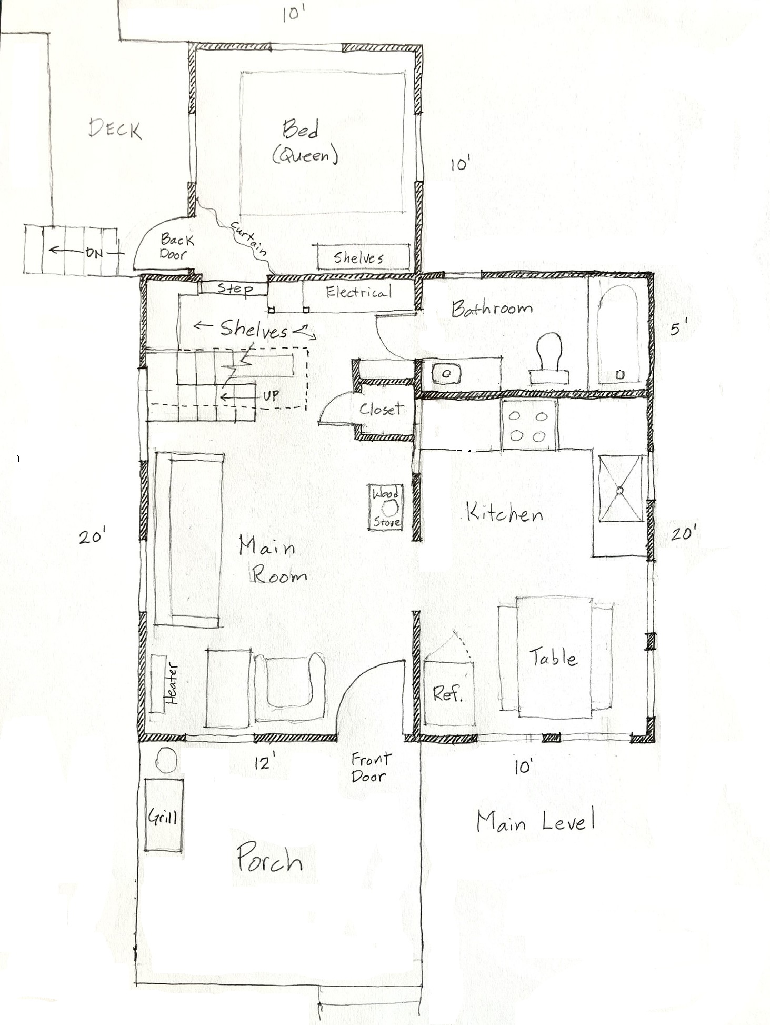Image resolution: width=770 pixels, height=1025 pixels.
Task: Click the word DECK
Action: click(x=115, y=129)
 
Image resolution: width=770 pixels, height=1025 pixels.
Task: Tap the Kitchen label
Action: click(x=504, y=512)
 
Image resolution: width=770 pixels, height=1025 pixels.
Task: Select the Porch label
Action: click(x=269, y=860)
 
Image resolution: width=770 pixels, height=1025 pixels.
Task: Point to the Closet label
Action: click(x=381, y=409)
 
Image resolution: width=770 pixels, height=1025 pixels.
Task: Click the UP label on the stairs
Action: click(x=271, y=395)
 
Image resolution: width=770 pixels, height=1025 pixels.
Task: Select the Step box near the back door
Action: click(x=235, y=288)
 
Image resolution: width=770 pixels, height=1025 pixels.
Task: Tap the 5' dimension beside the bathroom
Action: click(x=678, y=330)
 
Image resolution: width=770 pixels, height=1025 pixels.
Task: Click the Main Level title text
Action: click(x=535, y=822)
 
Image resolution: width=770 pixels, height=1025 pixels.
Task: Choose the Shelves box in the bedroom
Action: click(x=363, y=257)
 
